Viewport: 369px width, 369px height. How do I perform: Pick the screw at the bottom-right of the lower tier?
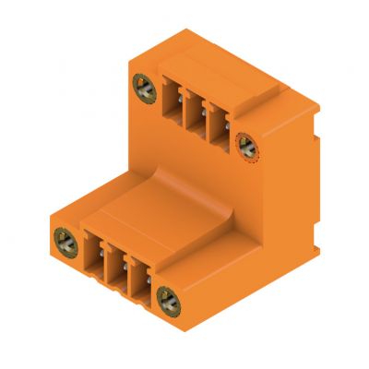[x=167, y=298]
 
